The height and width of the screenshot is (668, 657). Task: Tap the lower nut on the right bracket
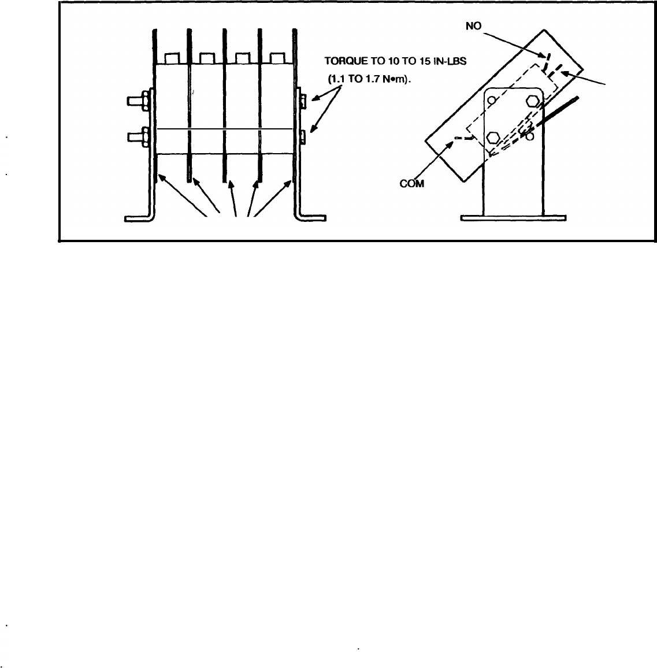[303, 137]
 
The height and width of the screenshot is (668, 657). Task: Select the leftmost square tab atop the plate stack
[172, 58]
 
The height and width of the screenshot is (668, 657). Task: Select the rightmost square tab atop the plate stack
[278, 58]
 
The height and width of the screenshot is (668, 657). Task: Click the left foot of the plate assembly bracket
[137, 218]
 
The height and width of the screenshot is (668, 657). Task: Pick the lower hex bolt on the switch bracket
[493, 138]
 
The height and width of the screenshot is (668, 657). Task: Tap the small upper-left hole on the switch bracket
[491, 100]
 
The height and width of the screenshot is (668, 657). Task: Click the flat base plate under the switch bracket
[513, 218]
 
